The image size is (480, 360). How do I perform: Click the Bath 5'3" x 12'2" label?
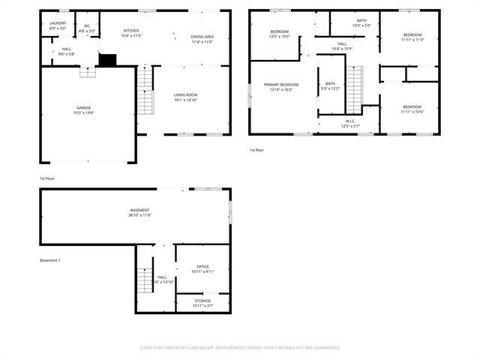331,85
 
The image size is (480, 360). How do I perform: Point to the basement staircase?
145,281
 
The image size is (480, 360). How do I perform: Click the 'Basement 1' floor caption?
50,260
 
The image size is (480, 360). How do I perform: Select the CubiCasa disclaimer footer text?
240,348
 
